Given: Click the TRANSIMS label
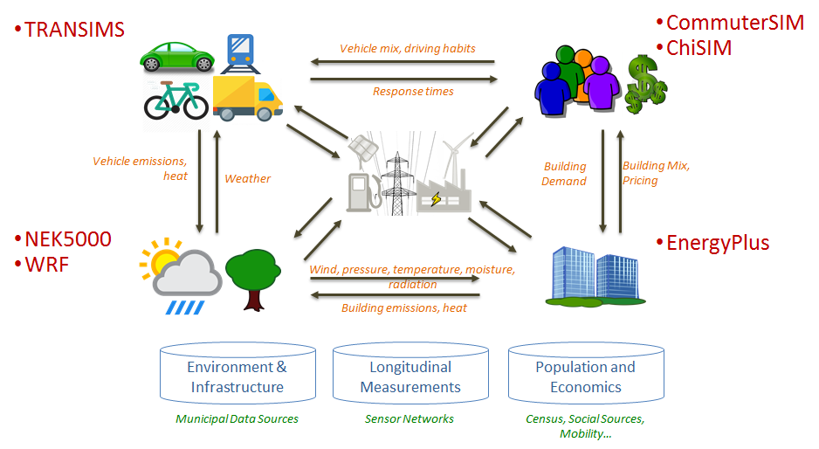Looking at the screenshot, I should click(73, 30).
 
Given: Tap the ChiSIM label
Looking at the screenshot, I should click(698, 47).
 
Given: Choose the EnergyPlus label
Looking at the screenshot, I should click(717, 242).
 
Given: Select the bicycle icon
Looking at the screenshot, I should click(175, 100).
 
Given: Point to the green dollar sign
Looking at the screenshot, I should click(645, 84).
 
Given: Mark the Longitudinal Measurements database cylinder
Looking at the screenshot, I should click(410, 376).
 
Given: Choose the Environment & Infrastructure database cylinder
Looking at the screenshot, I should click(237, 376).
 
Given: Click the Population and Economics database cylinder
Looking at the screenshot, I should click(585, 376).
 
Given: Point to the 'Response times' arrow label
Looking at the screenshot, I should click(413, 91).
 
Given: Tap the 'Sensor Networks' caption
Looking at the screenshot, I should click(409, 419).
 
